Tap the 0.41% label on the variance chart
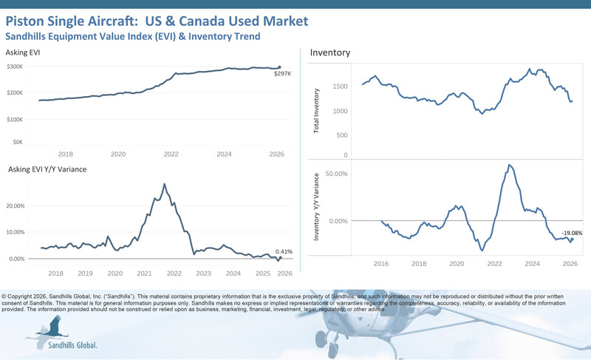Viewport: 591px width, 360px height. click(283, 251)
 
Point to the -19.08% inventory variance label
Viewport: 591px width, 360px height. click(572, 233)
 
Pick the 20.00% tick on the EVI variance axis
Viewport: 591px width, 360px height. click(17, 206)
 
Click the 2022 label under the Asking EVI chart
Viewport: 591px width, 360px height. click(171, 154)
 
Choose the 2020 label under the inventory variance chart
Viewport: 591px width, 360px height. click(457, 263)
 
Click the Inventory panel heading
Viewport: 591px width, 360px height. click(329, 53)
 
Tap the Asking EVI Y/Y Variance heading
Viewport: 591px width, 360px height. click(47, 170)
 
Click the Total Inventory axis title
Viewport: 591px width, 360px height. click(317, 111)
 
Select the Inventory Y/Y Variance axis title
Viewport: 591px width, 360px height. click(317, 207)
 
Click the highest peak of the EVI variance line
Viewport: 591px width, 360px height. click(164, 184)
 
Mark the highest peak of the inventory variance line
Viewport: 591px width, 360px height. click(510, 165)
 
